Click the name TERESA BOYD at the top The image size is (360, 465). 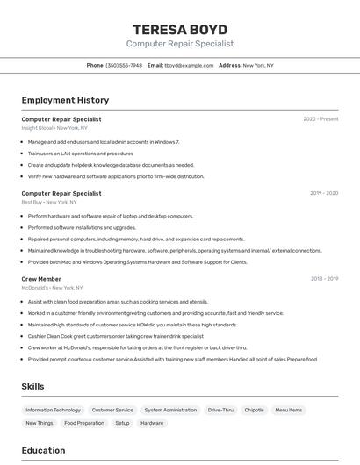(x=180, y=29)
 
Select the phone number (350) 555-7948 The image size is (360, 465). (x=124, y=66)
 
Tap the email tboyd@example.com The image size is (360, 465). (x=190, y=66)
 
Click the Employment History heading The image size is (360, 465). (x=65, y=101)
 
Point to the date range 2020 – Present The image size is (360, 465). (x=320, y=119)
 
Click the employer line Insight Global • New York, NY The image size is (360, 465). (x=54, y=128)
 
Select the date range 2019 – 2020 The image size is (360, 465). (x=323, y=193)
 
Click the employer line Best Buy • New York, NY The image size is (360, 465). (x=49, y=202)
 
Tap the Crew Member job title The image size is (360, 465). (x=41, y=279)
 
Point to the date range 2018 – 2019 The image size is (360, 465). (x=323, y=279)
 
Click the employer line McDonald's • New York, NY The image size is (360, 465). (x=53, y=288)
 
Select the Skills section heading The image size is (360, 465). (x=33, y=386)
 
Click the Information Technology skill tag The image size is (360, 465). (x=53, y=410)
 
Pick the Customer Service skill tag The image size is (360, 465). (x=112, y=410)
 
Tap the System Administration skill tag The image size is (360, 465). (x=170, y=410)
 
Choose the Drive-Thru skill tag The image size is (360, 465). (x=220, y=410)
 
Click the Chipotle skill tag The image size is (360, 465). (x=254, y=410)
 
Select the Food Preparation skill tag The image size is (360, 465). (x=84, y=423)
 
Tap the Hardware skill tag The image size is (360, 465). (x=152, y=423)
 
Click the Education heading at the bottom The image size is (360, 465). (x=43, y=451)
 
